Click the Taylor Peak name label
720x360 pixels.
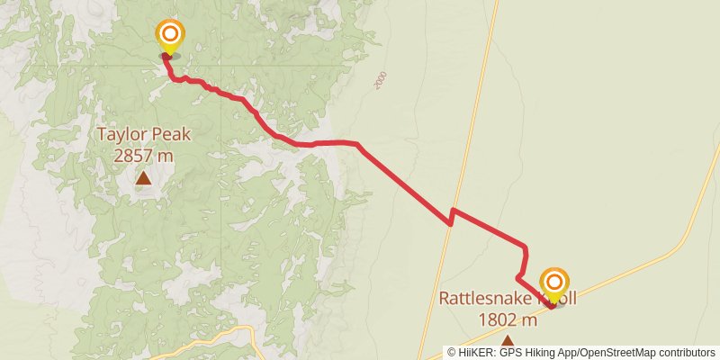(x=144, y=135)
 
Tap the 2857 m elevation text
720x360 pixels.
(x=144, y=155)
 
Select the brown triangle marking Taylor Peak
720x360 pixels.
(x=144, y=178)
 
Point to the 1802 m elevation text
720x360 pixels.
(x=508, y=319)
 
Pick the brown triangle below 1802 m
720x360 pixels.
(x=508, y=341)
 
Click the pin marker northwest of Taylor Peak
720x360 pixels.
(x=169, y=37)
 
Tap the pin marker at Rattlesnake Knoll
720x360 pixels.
(x=553, y=284)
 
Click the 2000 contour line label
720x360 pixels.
(x=380, y=80)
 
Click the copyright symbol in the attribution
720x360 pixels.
(x=452, y=352)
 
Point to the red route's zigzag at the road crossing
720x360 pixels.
(x=451, y=215)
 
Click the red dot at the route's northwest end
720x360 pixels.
(x=166, y=56)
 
